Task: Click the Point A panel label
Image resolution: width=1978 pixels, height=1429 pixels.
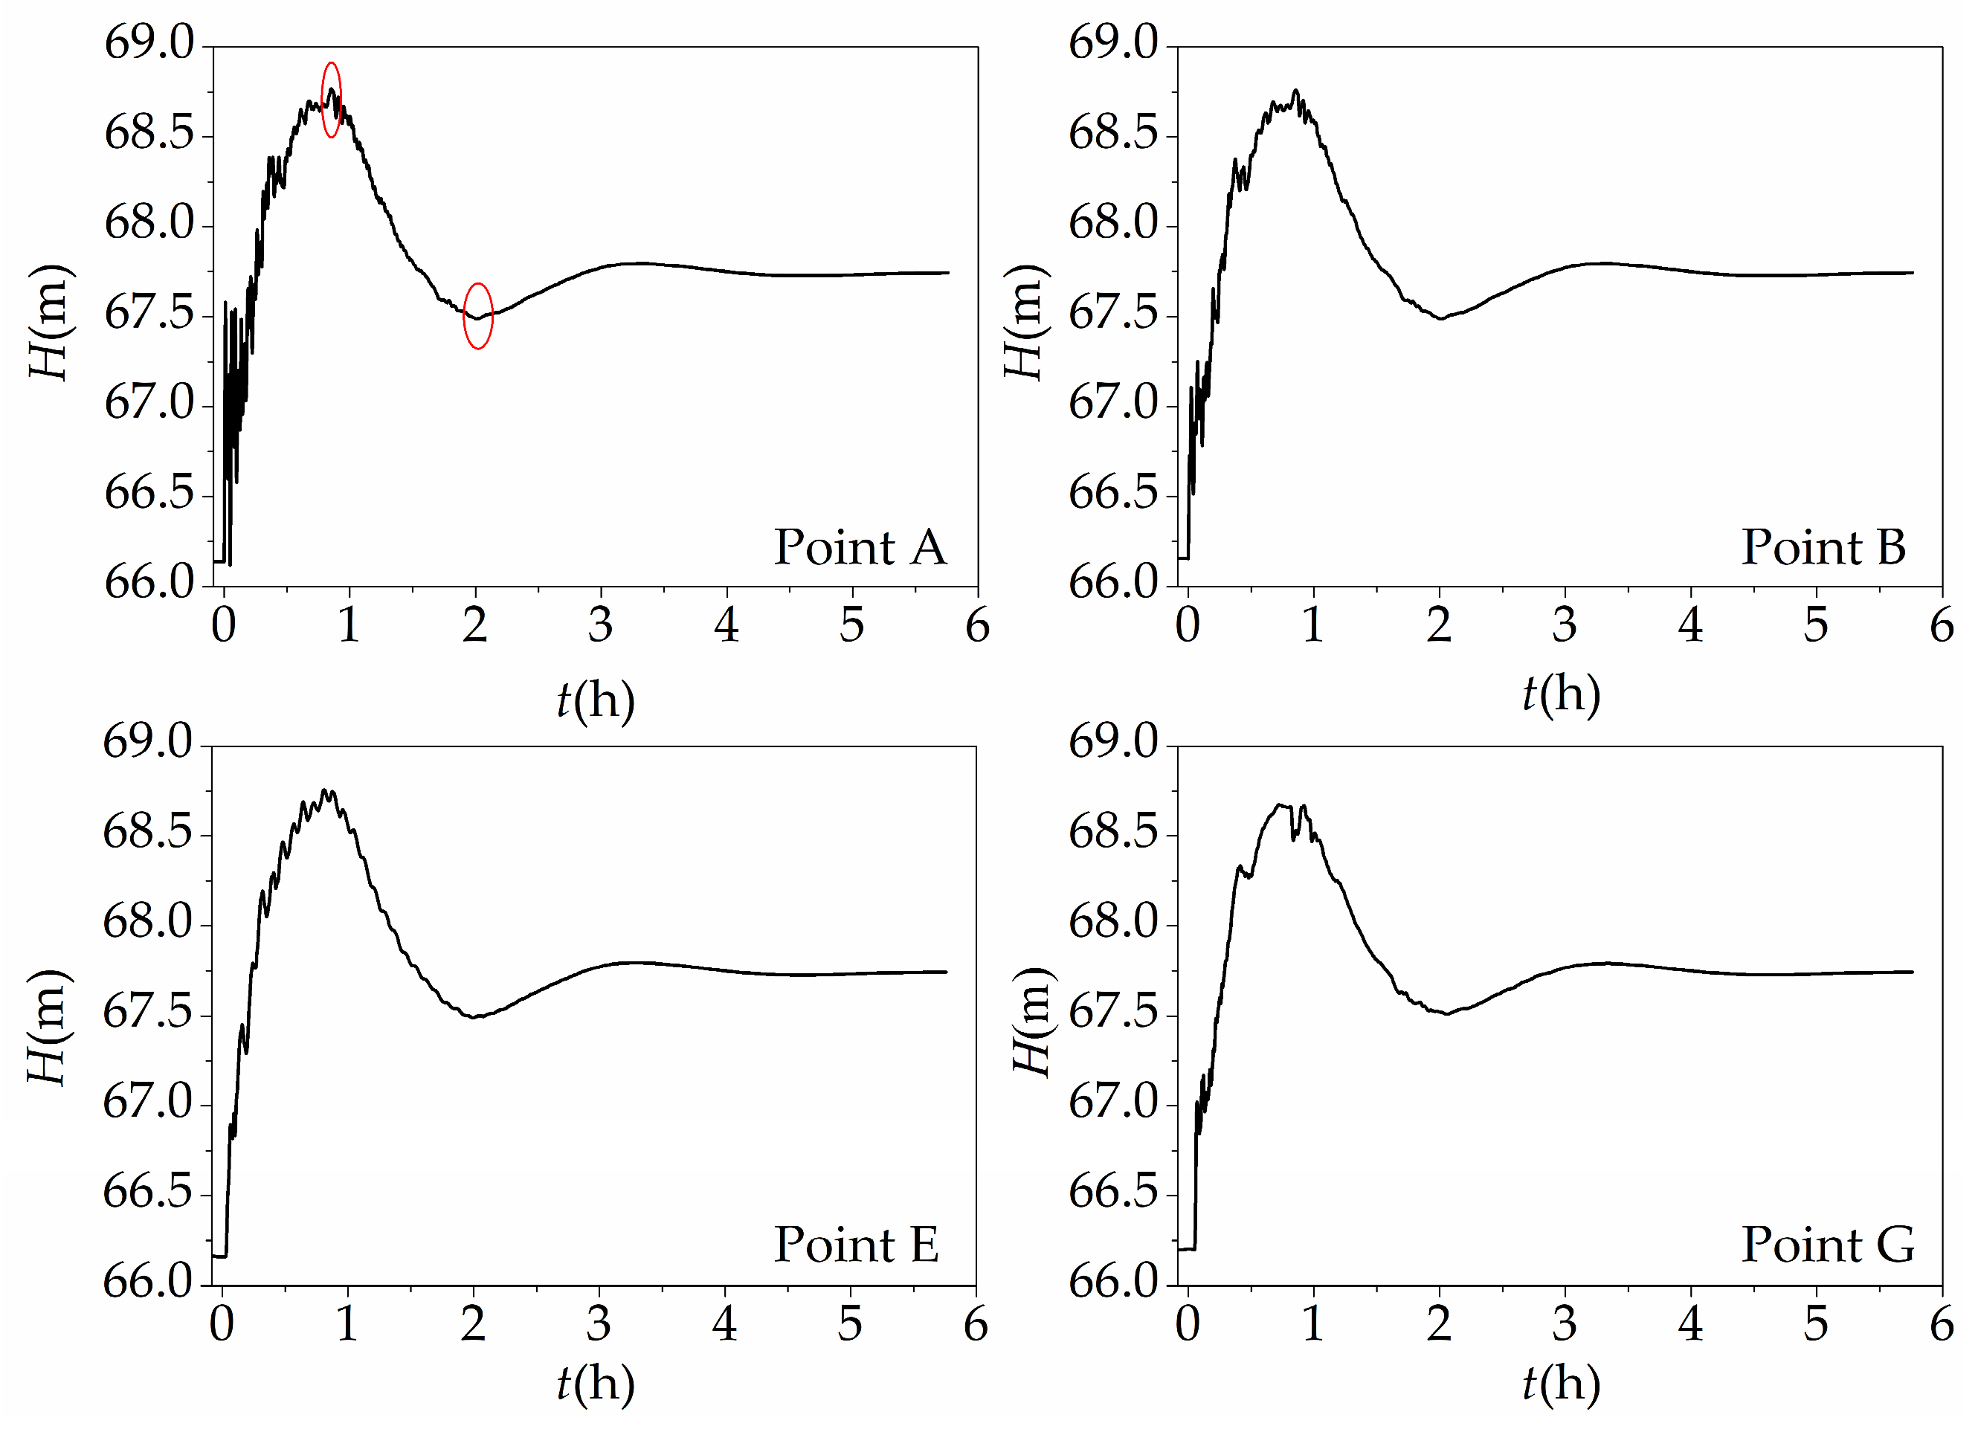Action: tap(860, 547)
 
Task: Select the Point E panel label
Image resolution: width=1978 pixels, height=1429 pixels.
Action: tap(857, 1244)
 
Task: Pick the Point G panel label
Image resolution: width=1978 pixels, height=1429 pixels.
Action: tap(1828, 1244)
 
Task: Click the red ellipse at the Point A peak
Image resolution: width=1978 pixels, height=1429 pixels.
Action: tap(332, 100)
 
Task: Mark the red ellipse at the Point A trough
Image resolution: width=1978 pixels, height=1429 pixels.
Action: tap(478, 316)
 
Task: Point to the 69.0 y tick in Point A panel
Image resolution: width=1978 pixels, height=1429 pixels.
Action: tap(150, 44)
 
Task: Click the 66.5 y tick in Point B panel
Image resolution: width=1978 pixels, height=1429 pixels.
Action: tap(1114, 494)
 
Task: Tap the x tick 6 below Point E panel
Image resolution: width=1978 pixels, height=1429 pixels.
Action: tap(976, 1324)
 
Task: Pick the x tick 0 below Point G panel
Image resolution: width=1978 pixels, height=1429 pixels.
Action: tap(1188, 1324)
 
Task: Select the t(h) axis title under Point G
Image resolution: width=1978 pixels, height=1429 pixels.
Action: tap(1561, 1384)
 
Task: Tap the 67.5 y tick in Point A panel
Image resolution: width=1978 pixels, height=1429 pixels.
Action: tap(150, 314)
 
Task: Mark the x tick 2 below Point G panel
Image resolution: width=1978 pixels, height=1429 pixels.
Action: tap(1439, 1324)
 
